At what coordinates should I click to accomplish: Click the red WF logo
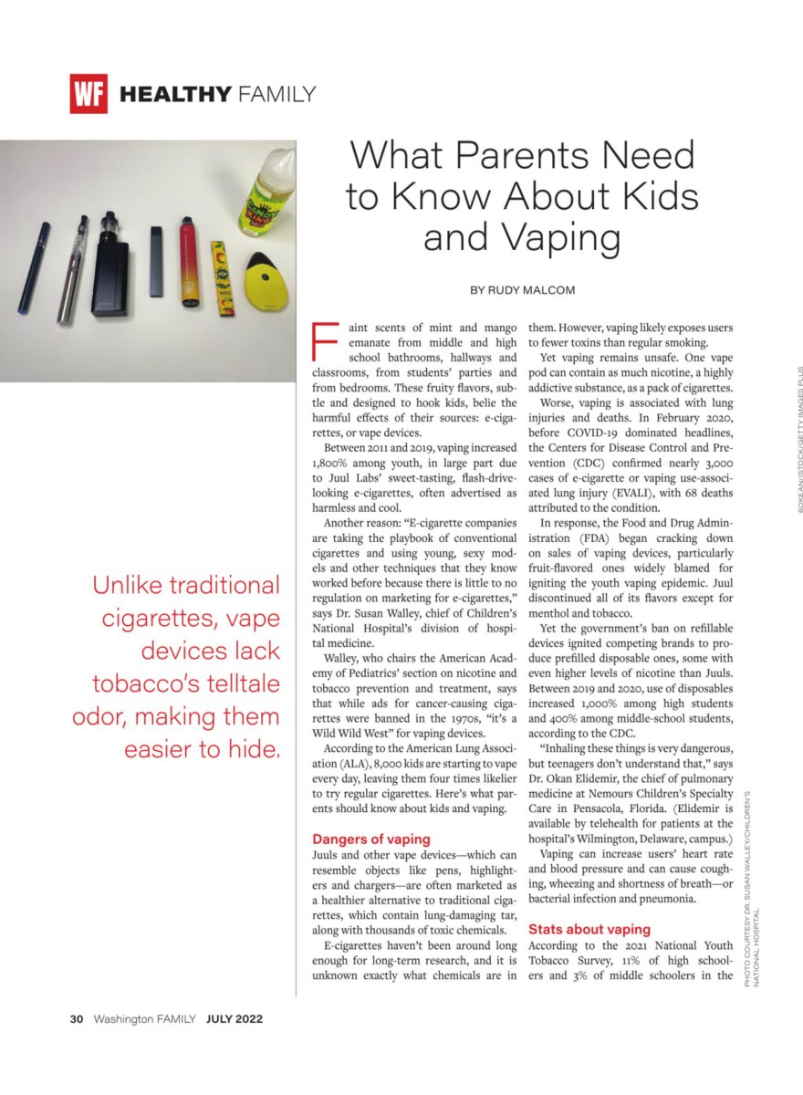click(89, 93)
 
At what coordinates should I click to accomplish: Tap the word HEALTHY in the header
click(175, 93)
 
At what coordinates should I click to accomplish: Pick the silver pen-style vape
click(73, 269)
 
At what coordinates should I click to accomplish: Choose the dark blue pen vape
click(35, 267)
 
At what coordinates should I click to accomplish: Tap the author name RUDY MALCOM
click(536, 291)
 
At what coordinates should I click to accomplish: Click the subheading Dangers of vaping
click(371, 839)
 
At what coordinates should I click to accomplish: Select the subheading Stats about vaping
click(589, 929)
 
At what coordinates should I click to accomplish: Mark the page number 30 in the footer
click(77, 1019)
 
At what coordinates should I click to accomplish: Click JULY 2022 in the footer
click(234, 1019)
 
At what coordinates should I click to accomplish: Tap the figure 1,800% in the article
click(334, 463)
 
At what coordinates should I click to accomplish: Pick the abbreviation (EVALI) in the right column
click(597, 492)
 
